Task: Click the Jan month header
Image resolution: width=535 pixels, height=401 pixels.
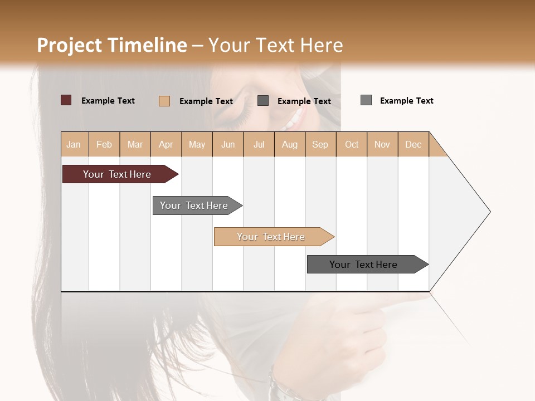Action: [74, 144]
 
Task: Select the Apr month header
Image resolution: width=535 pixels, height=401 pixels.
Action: [166, 144]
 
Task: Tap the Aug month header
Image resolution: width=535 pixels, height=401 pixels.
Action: [289, 144]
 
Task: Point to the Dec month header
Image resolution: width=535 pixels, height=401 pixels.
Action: [413, 144]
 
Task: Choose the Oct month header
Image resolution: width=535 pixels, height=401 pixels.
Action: [352, 144]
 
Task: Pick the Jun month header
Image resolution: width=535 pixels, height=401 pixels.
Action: [228, 144]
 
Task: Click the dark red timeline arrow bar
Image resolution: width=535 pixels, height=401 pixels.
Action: [117, 174]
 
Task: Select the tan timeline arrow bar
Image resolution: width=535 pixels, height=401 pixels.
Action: [271, 237]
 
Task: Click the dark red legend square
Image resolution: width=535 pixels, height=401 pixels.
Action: [66, 100]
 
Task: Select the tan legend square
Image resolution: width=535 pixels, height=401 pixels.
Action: [164, 101]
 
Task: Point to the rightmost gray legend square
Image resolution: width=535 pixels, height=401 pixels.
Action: [366, 100]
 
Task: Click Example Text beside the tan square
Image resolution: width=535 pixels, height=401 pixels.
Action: [206, 101]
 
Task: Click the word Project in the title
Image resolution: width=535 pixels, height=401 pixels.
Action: [69, 45]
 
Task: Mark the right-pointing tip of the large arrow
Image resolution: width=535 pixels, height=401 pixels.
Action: [489, 212]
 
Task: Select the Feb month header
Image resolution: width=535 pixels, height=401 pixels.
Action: [104, 144]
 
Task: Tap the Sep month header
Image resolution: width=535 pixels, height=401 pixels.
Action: [320, 144]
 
